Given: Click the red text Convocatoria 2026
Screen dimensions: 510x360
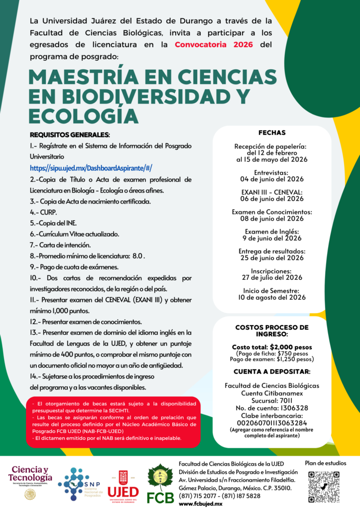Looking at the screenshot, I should pyautogui.click(x=214, y=44).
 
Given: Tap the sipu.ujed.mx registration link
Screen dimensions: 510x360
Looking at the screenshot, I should pyautogui.click(x=91, y=168).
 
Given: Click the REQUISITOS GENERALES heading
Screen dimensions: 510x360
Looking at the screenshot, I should pyautogui.click(x=70, y=135).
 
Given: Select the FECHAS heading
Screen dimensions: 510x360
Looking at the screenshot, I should pyautogui.click(x=272, y=133).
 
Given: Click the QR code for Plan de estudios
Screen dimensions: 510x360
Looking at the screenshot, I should pyautogui.click(x=324, y=487).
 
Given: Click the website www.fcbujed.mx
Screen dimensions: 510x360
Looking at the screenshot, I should pyautogui.click(x=200, y=504).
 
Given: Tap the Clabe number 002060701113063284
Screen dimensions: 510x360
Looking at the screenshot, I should pyautogui.click(x=272, y=423).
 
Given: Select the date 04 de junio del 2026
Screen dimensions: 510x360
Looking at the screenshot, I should pyautogui.click(x=272, y=179).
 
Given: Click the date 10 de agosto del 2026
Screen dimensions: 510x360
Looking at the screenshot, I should pyautogui.click(x=272, y=297).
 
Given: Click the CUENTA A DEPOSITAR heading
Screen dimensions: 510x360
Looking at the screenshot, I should pyautogui.click(x=272, y=371).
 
